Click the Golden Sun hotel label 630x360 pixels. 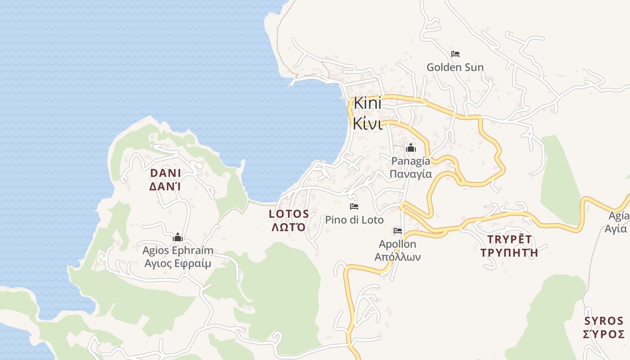tap(455, 67)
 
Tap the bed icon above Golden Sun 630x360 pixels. tap(455, 54)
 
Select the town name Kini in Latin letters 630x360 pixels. tap(367, 103)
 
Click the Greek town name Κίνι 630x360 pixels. tap(367, 123)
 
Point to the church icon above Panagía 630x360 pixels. tap(410, 148)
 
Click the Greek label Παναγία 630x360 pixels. tap(410, 174)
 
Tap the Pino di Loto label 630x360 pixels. tap(354, 220)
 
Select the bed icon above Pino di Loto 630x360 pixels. tap(354, 207)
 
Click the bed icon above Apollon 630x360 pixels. tap(398, 231)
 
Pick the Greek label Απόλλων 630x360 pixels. tap(398, 257)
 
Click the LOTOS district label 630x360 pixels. tap(289, 214)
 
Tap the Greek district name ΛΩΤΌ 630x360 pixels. tap(289, 227)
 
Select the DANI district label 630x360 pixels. tap(165, 173)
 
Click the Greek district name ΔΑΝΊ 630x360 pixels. tap(165, 186)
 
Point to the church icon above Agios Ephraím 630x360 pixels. tap(178, 237)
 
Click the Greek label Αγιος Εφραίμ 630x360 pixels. tap(178, 264)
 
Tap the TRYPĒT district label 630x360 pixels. tap(509, 239)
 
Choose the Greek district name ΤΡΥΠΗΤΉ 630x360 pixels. tap(509, 252)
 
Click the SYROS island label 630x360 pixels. tap(603, 321)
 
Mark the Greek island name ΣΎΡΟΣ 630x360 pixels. tap(603, 334)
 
